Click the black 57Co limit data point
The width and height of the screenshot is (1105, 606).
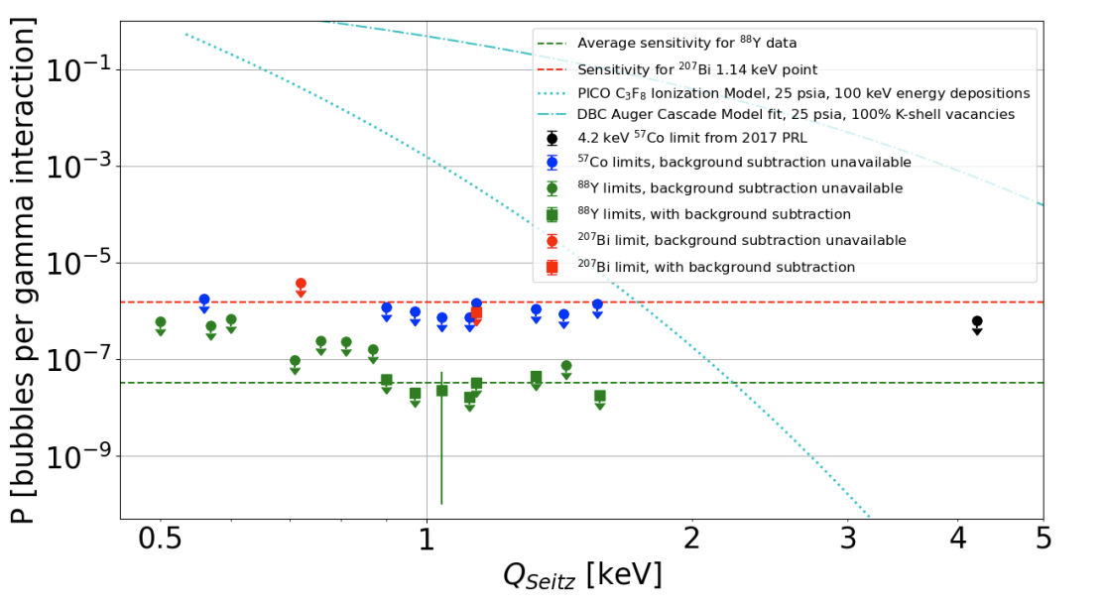point(977,321)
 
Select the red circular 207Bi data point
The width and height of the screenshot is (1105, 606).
point(301,284)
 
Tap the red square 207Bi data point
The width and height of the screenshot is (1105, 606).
point(477,312)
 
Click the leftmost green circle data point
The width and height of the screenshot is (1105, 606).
point(161,322)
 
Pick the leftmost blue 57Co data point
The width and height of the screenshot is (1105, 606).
point(204,300)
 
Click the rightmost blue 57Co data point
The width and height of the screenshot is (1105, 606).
point(597,304)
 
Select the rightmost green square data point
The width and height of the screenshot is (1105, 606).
point(600,396)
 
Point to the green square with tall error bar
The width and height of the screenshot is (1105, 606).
point(441,391)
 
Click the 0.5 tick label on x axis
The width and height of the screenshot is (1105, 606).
point(160,542)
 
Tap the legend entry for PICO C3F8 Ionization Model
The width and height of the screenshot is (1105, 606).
point(802,92)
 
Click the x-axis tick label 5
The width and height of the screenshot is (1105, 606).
point(1043,542)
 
